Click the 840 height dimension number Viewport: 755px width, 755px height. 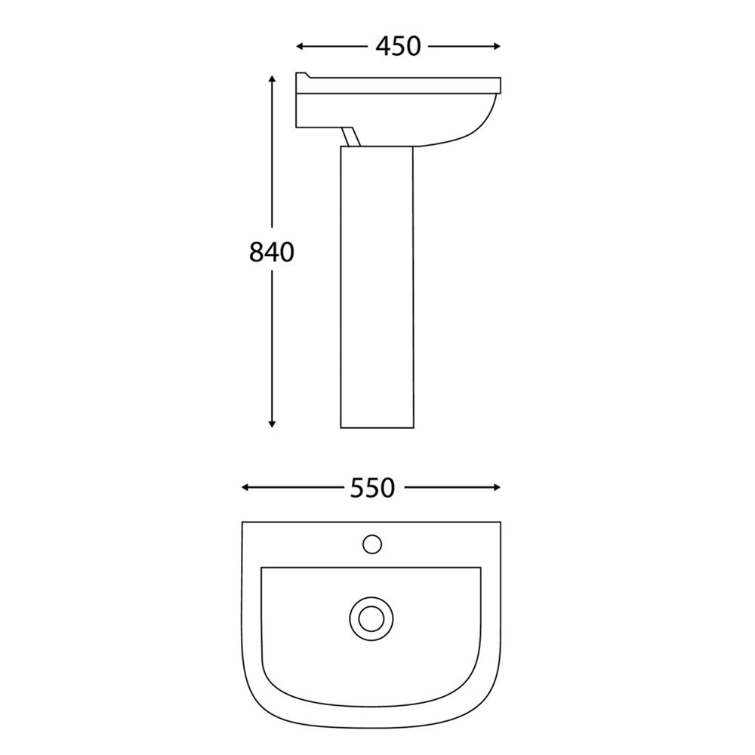271,252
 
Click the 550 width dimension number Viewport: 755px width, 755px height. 372,488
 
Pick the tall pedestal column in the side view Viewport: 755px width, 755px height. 377,287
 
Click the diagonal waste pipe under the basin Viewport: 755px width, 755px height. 350,137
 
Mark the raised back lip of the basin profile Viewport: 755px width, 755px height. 304,75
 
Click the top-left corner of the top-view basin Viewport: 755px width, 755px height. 243,522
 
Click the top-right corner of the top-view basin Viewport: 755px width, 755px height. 500,522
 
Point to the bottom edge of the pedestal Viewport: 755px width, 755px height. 377,427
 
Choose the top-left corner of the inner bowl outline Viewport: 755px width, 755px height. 262,568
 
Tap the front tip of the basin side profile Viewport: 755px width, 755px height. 499,84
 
